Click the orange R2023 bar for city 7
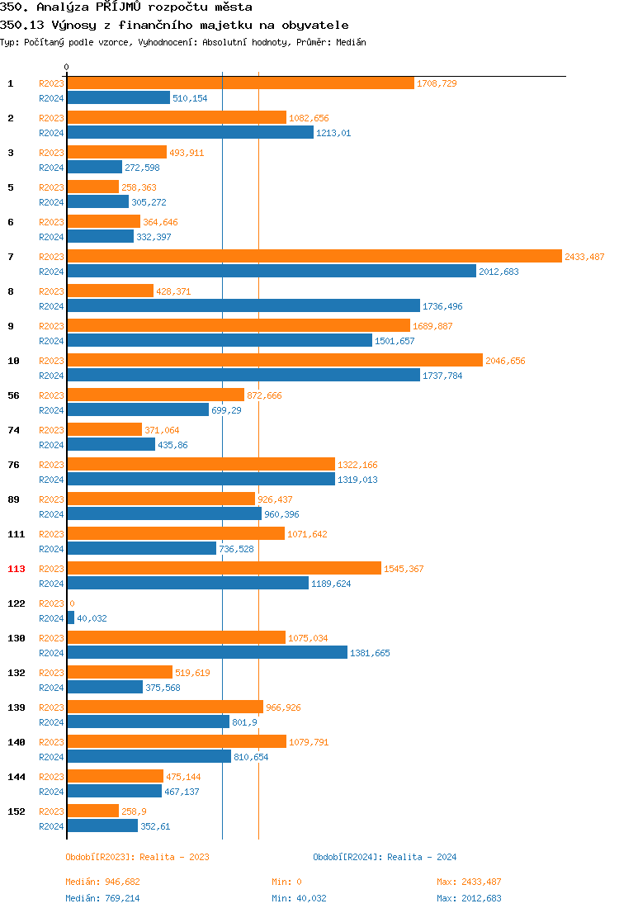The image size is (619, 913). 314,257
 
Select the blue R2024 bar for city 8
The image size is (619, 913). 243,306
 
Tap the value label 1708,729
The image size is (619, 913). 437,83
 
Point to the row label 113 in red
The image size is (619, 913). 17,569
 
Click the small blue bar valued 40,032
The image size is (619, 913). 70,618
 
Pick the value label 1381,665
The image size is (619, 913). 370,653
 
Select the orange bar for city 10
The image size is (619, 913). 274,361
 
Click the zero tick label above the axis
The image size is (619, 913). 67,67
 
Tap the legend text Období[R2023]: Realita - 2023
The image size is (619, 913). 137,857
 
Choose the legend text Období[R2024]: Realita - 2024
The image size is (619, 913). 385,857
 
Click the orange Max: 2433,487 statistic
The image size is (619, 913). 469,882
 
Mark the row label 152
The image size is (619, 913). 17,811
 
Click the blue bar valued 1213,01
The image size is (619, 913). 190,133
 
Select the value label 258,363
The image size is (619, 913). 139,187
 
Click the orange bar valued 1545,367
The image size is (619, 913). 224,569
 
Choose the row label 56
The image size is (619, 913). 13,395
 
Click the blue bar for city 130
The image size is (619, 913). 207,653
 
